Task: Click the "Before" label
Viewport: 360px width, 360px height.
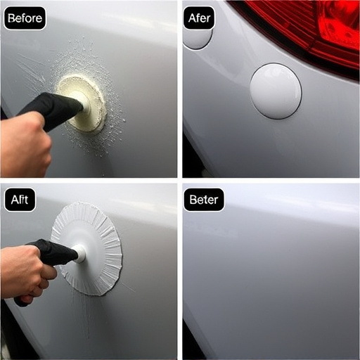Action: pyautogui.click(x=24, y=18)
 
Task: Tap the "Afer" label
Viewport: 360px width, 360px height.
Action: pyautogui.click(x=199, y=18)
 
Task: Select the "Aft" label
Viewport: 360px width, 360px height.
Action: pyautogui.click(x=19, y=200)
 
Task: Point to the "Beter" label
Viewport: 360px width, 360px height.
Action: pyautogui.click(x=204, y=200)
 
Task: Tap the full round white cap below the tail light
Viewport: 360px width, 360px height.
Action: pyautogui.click(x=275, y=91)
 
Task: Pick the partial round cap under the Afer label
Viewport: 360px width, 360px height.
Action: pyautogui.click(x=197, y=39)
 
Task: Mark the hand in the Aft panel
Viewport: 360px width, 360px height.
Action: pyautogui.click(x=25, y=271)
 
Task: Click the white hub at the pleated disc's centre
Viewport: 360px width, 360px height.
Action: pyautogui.click(x=79, y=252)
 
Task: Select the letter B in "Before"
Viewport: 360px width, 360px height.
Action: pyautogui.click(x=11, y=18)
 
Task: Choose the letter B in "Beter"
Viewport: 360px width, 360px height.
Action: pyautogui.click(x=193, y=200)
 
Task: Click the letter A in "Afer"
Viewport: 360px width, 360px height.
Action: pyautogui.click(x=191, y=18)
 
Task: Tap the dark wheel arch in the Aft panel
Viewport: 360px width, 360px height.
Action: pyautogui.click(x=11, y=337)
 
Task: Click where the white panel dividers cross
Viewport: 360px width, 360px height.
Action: pyautogui.click(x=180, y=180)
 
